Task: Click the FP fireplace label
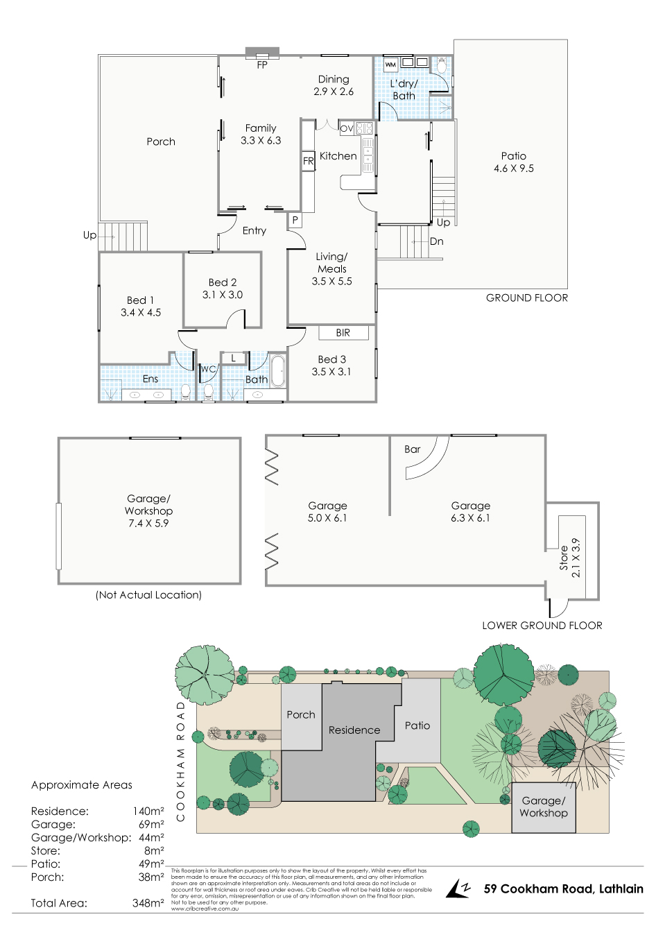[x=262, y=65]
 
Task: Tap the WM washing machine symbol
[x=390, y=65]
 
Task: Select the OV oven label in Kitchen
[x=347, y=128]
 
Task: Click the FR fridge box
[x=309, y=161]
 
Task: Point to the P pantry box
[x=295, y=221]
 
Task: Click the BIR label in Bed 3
[x=343, y=333]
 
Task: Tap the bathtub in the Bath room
[x=278, y=372]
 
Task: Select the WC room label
[x=208, y=370]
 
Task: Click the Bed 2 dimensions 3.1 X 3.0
[x=223, y=295]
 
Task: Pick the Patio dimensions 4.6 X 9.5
[x=514, y=169]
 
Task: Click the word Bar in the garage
[x=413, y=449]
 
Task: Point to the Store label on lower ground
[x=564, y=558]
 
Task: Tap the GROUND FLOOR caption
[x=527, y=298]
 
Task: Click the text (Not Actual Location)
[x=148, y=595]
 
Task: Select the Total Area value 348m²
[x=148, y=904]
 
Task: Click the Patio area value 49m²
[x=151, y=864]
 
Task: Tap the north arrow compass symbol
[x=458, y=888]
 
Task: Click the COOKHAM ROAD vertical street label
[x=181, y=761]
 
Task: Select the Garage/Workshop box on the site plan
[x=544, y=807]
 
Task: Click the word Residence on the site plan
[x=354, y=730]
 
